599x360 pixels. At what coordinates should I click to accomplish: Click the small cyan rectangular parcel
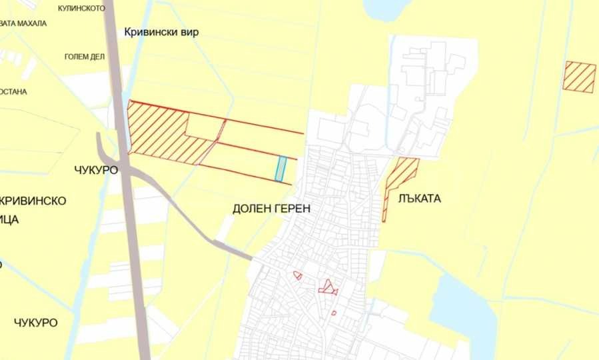tap(282, 168)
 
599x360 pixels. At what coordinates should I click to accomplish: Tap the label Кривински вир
tap(161, 32)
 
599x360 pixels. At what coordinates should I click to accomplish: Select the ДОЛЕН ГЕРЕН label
tap(271, 209)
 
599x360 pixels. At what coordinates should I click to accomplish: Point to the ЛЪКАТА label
tap(420, 199)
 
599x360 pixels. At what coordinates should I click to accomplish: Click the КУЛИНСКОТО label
tap(82, 9)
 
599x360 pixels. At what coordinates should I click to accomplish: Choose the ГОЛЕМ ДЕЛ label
tap(85, 57)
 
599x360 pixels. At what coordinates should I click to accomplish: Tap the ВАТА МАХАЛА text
tap(23, 23)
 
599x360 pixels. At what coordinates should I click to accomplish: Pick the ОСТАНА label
tap(13, 91)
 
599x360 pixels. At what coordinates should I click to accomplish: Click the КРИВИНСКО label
tap(33, 201)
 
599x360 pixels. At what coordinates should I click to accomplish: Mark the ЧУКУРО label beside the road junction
tap(97, 170)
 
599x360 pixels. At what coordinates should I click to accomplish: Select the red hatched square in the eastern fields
tap(579, 76)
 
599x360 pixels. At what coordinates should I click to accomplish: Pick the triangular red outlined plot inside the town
tap(327, 287)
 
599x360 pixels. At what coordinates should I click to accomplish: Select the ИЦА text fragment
tap(10, 219)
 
